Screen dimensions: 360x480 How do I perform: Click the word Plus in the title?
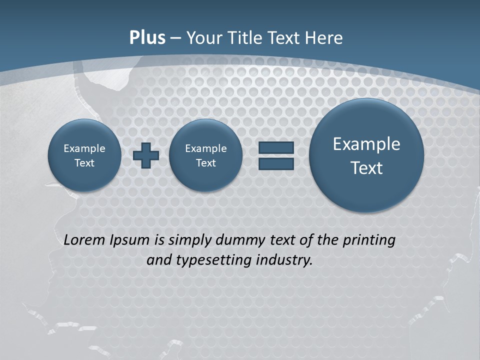[147, 38]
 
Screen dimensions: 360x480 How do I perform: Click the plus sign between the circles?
[146, 155]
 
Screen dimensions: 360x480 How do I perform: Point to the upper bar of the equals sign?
[276, 147]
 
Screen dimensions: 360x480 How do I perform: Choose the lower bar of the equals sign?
[276, 163]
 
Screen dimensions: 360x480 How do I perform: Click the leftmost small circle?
[84, 155]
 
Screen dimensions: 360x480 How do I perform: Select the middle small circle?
[205, 155]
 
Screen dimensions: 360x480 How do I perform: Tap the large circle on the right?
[366, 155]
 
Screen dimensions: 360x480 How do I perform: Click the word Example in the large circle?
[366, 144]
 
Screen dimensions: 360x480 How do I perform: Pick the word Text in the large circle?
[366, 168]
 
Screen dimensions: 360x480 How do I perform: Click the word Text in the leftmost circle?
[84, 163]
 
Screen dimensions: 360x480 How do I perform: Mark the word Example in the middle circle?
[205, 148]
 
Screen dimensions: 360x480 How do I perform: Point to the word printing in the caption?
[368, 240]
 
